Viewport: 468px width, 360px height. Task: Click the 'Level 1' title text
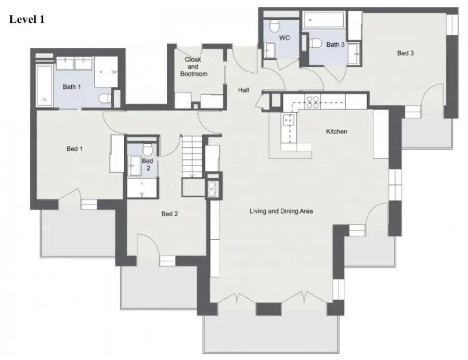click(27, 19)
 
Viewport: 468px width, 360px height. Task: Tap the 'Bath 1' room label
click(72, 87)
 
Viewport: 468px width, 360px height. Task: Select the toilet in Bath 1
click(105, 98)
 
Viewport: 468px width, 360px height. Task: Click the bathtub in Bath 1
click(44, 86)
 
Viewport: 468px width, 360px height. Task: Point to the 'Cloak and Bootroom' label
click(193, 66)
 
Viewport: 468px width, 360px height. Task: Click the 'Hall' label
click(243, 90)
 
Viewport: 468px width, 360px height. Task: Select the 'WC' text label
click(284, 38)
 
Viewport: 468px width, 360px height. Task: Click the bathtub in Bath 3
click(323, 20)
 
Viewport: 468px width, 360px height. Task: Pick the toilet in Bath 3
click(315, 43)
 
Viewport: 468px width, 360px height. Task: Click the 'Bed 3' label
click(405, 53)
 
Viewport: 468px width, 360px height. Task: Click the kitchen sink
click(288, 120)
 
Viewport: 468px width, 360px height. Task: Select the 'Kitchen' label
click(336, 131)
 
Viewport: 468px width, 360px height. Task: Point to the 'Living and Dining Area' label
click(281, 211)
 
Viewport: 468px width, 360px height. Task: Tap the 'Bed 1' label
click(74, 149)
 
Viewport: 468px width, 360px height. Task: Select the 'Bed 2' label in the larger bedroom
click(170, 214)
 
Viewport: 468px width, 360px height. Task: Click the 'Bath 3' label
click(335, 45)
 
